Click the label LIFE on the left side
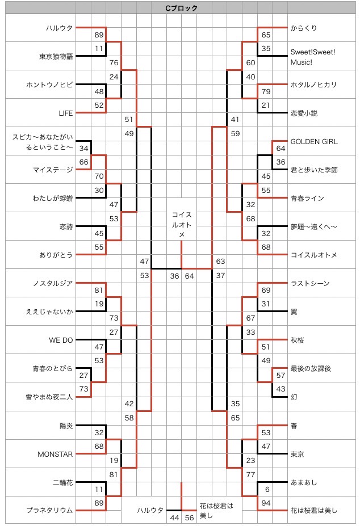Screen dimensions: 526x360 66,113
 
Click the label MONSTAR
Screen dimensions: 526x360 56,453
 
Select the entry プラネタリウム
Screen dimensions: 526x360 50,510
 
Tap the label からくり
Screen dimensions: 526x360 303,28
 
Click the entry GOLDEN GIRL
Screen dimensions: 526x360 313,141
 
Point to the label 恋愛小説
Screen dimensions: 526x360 304,113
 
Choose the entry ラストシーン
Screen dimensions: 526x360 310,283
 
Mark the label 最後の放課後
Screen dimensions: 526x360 310,368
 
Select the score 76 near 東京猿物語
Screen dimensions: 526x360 114,63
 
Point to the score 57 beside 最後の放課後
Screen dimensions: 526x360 281,375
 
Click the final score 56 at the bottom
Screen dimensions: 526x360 190,517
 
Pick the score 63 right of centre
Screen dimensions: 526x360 220,262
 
